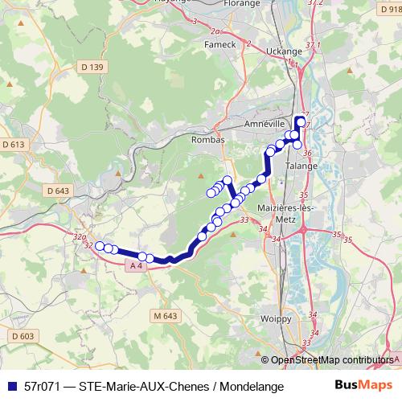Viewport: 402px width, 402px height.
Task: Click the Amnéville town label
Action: pos(265,125)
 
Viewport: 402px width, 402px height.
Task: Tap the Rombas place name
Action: pos(206,139)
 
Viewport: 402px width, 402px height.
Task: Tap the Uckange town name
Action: pos(281,51)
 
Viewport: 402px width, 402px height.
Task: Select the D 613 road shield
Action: pos(14,144)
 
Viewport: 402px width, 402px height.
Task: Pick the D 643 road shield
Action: pos(59,191)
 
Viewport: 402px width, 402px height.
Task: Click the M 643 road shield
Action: pos(164,317)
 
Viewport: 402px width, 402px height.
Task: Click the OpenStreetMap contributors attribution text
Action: pos(331,359)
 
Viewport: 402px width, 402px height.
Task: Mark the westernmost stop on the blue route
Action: pos(100,246)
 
